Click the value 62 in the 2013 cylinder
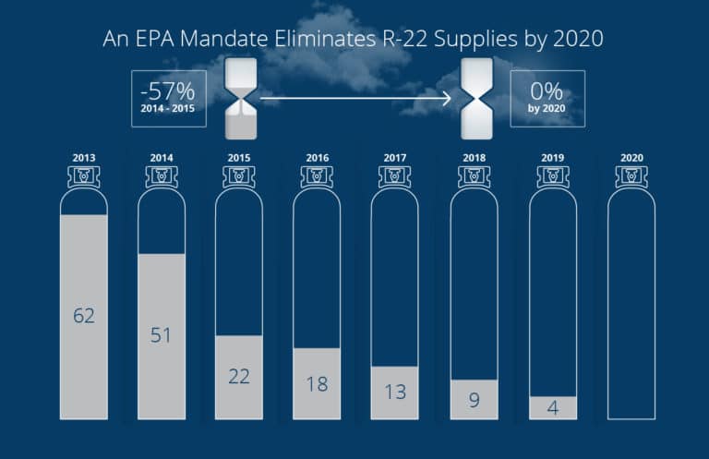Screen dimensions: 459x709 (x=84, y=316)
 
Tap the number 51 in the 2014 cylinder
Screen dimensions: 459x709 (x=162, y=334)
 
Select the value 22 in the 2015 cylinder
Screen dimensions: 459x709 (x=239, y=377)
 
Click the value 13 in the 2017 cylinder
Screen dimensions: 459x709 (x=395, y=393)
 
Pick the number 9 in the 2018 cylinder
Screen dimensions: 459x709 (x=474, y=401)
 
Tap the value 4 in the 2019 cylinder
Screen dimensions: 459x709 (x=552, y=407)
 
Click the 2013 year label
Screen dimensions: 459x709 (x=84, y=158)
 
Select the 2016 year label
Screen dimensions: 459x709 (x=317, y=158)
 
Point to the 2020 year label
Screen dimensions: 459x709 (x=631, y=158)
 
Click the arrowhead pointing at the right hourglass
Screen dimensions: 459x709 (x=445, y=96)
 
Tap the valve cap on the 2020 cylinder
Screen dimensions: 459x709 (x=631, y=176)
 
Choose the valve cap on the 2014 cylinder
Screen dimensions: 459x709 (x=162, y=176)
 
